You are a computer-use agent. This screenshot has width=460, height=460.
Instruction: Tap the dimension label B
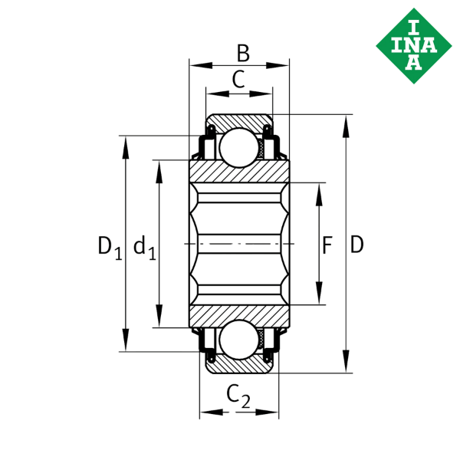click(x=242, y=54)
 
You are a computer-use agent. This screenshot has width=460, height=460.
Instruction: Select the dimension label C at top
click(x=238, y=79)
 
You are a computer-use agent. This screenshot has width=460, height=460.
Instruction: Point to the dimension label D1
click(x=108, y=247)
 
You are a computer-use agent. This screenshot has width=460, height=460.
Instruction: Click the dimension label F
click(x=327, y=246)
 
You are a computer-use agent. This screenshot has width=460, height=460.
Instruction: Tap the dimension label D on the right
click(x=356, y=245)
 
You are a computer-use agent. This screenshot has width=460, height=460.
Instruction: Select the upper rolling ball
click(x=238, y=146)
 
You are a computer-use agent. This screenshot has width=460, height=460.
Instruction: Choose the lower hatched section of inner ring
click(x=238, y=314)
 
